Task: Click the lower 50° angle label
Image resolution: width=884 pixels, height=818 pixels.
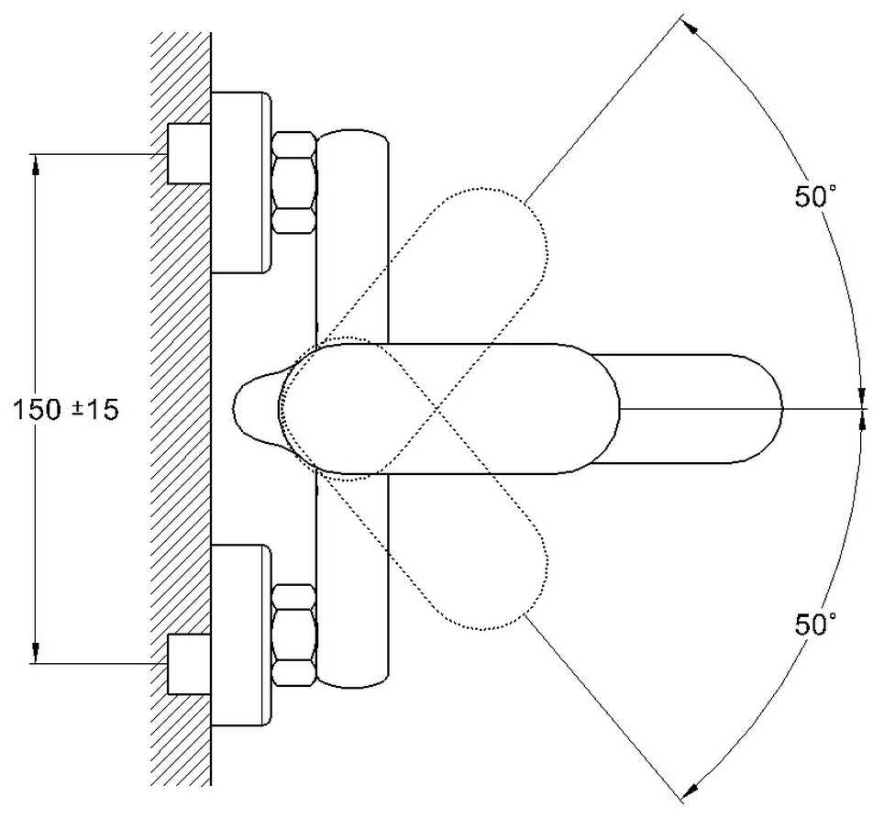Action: [816, 625]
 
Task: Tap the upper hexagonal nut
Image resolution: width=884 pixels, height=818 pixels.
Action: [294, 182]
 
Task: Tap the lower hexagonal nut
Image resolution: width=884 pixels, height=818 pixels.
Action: [294, 635]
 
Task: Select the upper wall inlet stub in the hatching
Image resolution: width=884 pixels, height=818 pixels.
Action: [189, 154]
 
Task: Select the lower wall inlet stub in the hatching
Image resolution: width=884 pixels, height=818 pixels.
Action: [189, 664]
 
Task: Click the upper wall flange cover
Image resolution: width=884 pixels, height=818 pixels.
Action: [241, 182]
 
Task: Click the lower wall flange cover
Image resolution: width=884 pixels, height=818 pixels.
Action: [241, 635]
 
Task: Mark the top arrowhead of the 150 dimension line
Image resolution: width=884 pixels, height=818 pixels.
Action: [36, 162]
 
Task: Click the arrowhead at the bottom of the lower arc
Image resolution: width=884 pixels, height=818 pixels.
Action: [690, 790]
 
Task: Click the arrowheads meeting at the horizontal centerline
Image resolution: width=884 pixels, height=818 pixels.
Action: [861, 407]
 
